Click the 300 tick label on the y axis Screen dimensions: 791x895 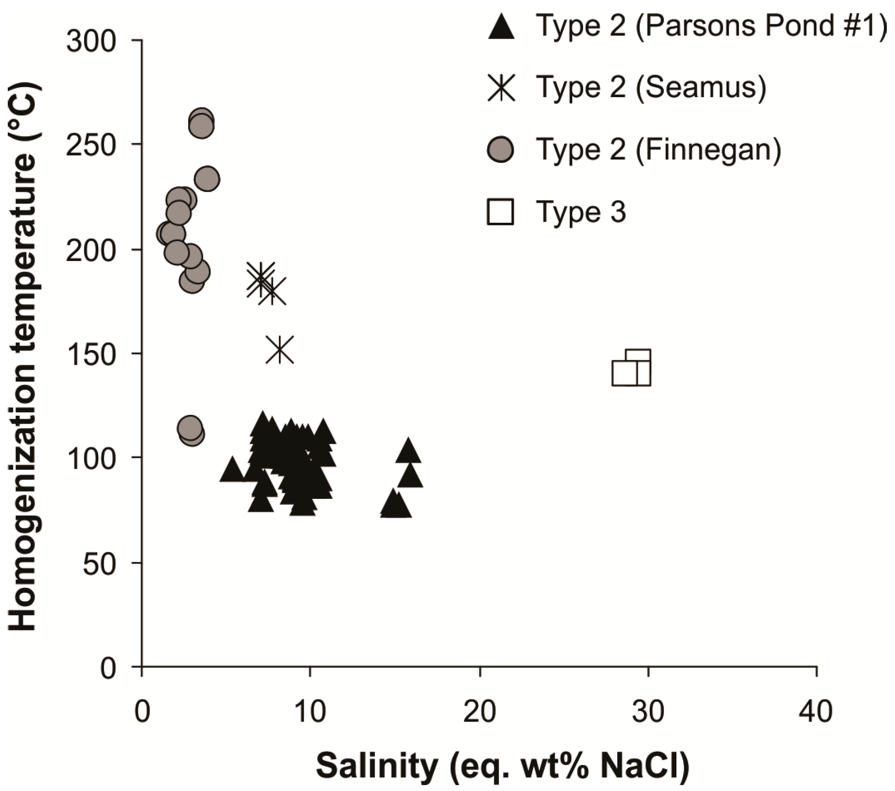pos(91,42)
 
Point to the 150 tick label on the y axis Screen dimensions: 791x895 pos(91,355)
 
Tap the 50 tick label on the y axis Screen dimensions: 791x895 pos(99,565)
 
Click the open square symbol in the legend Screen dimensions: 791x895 pos(500,212)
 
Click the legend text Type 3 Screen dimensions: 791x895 pos(581,212)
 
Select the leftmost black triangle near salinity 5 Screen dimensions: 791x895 pos(232,470)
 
